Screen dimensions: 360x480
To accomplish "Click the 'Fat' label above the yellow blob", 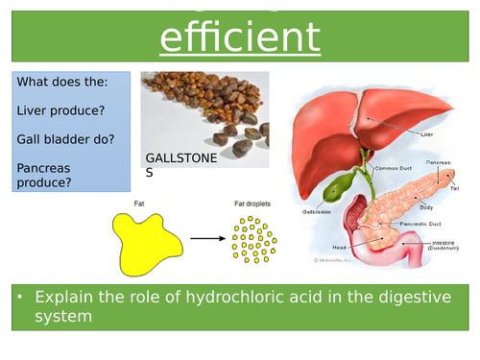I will [140, 204].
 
